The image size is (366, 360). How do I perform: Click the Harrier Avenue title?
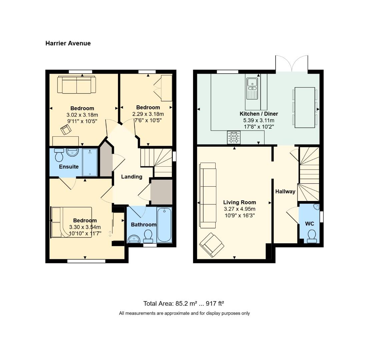[x=68, y=43]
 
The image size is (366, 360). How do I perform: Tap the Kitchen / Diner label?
[x=259, y=114]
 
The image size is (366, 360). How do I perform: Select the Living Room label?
[x=239, y=202]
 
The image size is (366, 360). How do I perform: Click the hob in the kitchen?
[x=234, y=137]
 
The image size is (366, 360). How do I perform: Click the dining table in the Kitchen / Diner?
[x=305, y=107]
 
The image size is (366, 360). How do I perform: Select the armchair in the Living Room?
[x=211, y=245]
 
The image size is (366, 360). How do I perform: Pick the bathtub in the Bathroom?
[x=164, y=225]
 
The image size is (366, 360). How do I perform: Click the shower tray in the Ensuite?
[x=90, y=162]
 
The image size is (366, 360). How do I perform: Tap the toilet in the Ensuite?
[x=59, y=155]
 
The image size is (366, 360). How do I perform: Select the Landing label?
[x=131, y=177]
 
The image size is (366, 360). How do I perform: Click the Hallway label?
[x=285, y=191]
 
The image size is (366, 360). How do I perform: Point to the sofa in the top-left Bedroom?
[x=76, y=85]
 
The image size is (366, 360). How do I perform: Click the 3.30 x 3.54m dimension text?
[x=85, y=227]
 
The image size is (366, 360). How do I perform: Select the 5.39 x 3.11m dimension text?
[x=259, y=120]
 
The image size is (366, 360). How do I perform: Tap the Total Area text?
[x=183, y=303]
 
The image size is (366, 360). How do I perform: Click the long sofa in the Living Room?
[x=208, y=195]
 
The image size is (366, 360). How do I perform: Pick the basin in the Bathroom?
[x=134, y=239]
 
